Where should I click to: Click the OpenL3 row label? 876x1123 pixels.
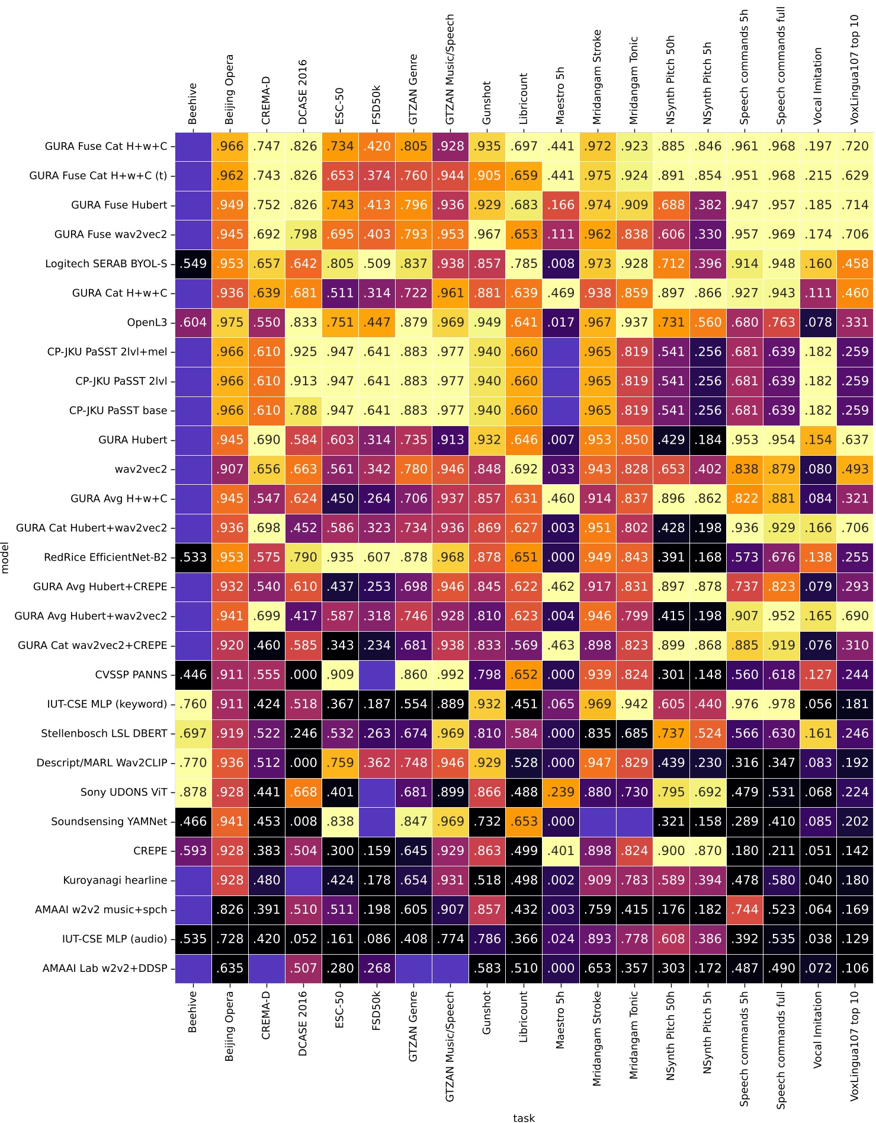(147, 323)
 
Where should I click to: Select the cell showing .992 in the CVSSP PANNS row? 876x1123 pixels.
(450, 675)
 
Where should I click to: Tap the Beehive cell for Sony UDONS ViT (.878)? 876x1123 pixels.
(193, 792)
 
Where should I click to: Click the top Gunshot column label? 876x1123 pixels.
(487, 103)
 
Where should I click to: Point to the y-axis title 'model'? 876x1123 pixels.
(5, 558)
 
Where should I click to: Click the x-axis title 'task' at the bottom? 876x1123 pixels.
(524, 1118)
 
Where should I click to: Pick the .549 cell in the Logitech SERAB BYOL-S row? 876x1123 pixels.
(193, 264)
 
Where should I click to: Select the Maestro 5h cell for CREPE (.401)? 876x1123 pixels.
(560, 851)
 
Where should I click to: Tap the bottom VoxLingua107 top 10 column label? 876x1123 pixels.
(854, 1046)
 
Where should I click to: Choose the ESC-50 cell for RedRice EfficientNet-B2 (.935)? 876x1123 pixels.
(340, 558)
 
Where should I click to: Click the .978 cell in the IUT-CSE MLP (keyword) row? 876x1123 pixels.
(781, 705)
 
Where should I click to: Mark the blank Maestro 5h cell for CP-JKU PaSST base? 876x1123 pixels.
(560, 411)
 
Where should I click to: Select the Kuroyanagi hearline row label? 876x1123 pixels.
(115, 881)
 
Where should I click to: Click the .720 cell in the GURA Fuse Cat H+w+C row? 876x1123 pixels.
(854, 146)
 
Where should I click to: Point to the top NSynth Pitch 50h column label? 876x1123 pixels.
(670, 80)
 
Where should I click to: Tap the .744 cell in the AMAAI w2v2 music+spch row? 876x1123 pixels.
(744, 910)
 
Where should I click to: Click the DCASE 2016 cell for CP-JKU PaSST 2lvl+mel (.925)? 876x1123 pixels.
(303, 352)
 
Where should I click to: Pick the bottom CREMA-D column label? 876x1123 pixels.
(267, 1015)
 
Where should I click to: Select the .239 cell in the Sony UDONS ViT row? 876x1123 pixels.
(560, 792)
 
